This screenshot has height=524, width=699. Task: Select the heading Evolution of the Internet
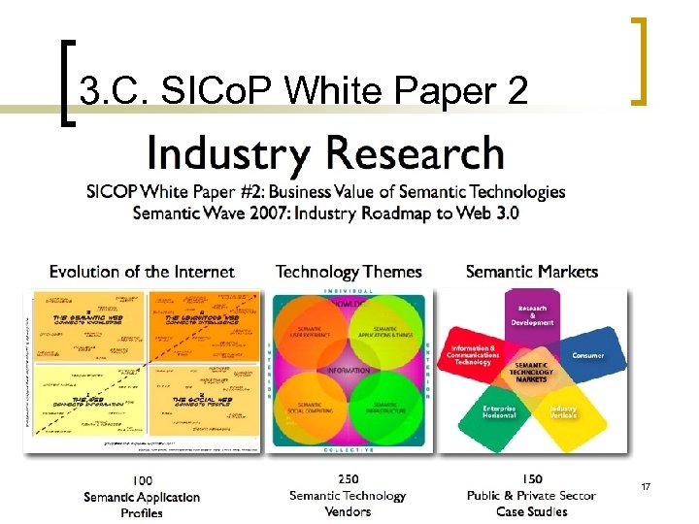[142, 272]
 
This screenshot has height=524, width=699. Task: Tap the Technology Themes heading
[349, 272]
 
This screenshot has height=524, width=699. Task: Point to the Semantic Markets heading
[532, 272]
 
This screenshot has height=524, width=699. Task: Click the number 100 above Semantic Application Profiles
[142, 480]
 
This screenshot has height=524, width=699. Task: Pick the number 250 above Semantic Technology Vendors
[348, 478]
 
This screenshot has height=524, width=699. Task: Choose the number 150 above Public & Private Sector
[532, 479]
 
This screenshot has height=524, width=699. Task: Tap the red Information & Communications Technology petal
[475, 354]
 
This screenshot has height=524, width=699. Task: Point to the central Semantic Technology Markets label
[531, 373]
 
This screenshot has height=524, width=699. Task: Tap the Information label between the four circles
[348, 371]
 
